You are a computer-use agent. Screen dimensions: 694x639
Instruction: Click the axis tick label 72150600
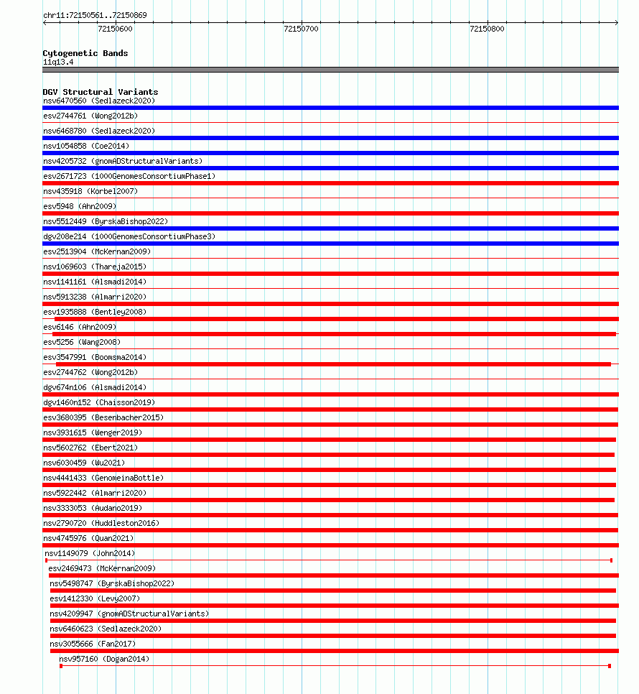(x=114, y=29)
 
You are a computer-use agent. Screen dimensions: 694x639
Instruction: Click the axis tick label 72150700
(x=301, y=29)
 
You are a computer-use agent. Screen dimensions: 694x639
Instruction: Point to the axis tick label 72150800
(x=487, y=29)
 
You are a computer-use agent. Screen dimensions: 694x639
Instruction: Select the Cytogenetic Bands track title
(x=85, y=53)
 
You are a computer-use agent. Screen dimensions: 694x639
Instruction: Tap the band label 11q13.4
(x=58, y=62)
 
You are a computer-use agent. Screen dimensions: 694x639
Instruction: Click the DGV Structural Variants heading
(x=100, y=92)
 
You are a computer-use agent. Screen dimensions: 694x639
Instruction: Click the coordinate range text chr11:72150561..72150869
(x=95, y=15)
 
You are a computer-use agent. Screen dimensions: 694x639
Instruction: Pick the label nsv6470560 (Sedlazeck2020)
(x=98, y=101)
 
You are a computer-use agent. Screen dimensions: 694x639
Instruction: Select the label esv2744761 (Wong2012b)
(x=90, y=116)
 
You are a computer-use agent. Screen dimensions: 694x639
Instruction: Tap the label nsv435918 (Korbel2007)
(x=90, y=191)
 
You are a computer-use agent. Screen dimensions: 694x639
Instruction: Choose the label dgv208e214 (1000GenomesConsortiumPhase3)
(x=129, y=236)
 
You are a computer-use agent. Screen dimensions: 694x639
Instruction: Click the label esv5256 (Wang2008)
(x=81, y=342)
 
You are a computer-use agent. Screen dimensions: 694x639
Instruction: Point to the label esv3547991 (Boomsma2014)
(x=94, y=357)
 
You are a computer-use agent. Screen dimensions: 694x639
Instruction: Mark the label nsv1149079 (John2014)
(x=90, y=553)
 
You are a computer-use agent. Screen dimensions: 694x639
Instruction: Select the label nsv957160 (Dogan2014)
(x=104, y=659)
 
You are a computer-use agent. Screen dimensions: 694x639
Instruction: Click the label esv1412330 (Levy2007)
(x=95, y=598)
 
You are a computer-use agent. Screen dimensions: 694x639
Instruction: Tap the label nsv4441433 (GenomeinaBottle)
(x=103, y=478)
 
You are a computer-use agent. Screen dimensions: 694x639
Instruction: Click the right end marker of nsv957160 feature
(x=610, y=666)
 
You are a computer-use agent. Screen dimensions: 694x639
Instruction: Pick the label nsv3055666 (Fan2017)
(x=93, y=644)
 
